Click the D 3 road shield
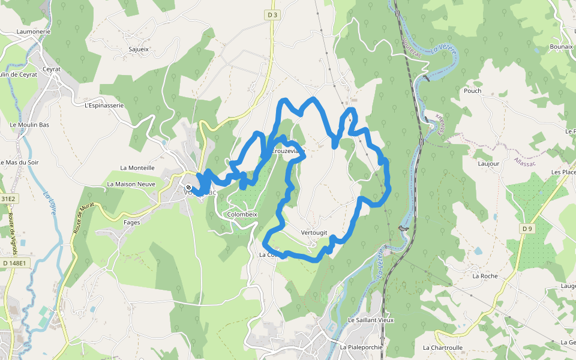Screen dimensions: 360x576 click(x=272, y=14)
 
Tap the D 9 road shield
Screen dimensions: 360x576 click(x=527, y=229)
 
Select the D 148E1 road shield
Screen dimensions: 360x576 click(x=14, y=263)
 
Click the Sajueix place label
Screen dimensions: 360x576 click(x=139, y=49)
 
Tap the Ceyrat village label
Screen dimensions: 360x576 click(x=52, y=69)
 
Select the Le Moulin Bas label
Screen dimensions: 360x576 click(x=29, y=125)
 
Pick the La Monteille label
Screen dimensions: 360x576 click(x=137, y=168)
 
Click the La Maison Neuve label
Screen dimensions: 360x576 click(x=131, y=184)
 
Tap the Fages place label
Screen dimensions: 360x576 click(x=131, y=223)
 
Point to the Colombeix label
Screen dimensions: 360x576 click(x=242, y=214)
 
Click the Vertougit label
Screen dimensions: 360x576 click(x=314, y=233)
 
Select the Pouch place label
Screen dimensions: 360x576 click(x=472, y=91)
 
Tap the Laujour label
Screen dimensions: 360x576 click(x=488, y=163)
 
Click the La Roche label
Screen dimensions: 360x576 click(x=485, y=276)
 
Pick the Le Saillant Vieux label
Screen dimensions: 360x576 click(x=371, y=320)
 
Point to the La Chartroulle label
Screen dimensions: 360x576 click(x=443, y=347)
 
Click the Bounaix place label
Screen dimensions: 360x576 click(x=561, y=47)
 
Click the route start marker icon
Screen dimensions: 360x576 click(x=188, y=187)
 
